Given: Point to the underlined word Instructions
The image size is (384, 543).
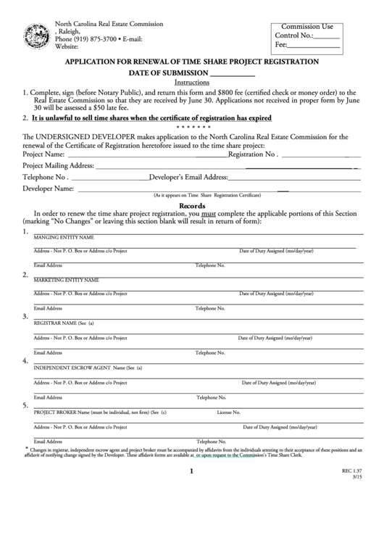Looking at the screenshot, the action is tap(192, 83).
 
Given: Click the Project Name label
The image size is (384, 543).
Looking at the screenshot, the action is tap(43, 154).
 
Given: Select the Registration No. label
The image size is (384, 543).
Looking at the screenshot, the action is tap(252, 154).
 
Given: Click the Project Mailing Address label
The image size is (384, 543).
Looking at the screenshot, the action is tap(58, 165).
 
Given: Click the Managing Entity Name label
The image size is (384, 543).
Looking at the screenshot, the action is tap(64, 237).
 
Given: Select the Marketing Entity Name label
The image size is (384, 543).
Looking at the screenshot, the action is tap(66, 279).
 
